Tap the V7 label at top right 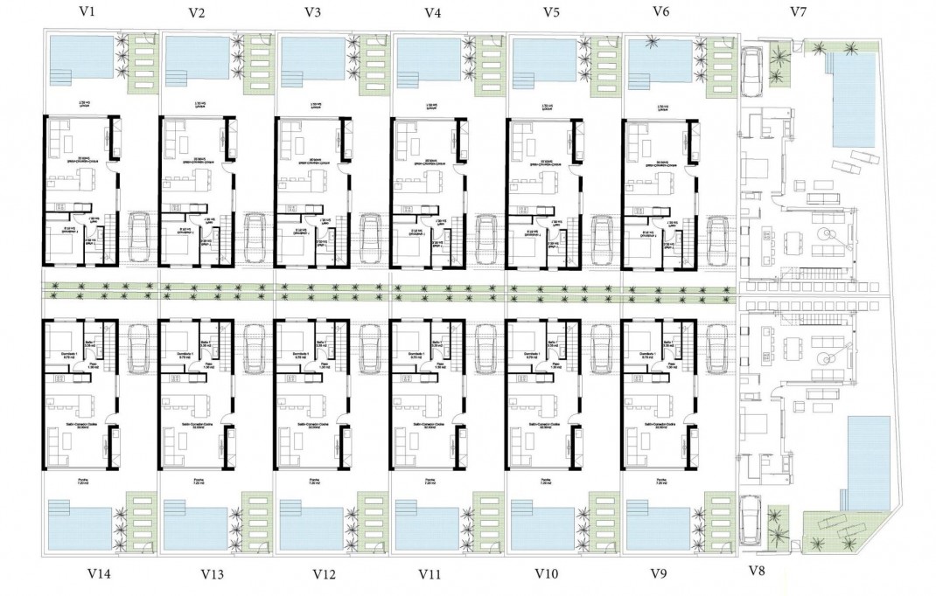coord(797,11)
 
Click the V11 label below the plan coord(430,574)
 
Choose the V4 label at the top coord(431,12)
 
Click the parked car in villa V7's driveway coord(751,71)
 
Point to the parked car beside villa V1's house coord(140,238)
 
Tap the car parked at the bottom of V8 coord(751,520)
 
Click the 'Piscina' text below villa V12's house coord(313,480)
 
